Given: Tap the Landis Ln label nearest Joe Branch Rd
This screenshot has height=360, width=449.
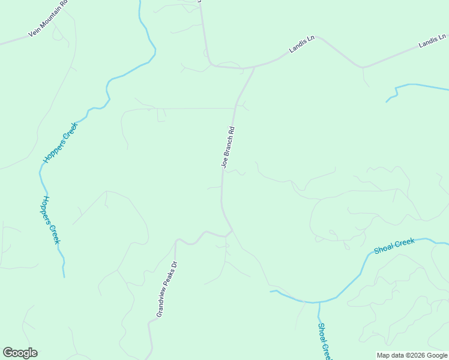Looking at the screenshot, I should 302,45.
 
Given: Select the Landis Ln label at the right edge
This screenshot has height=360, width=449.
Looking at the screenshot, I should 432,41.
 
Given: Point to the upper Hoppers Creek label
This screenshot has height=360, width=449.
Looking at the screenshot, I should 61,143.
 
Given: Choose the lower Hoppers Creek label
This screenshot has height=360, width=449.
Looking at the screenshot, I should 51,220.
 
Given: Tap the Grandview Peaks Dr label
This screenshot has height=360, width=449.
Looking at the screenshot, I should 167,289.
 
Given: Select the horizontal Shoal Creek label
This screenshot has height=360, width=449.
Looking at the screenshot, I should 394,246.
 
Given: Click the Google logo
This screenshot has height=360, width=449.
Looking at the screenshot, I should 20,353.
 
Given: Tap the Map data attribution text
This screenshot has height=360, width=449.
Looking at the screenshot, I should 412,355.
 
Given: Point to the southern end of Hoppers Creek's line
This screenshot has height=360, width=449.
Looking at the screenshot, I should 64,277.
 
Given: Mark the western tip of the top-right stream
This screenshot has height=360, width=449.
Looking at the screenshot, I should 386,102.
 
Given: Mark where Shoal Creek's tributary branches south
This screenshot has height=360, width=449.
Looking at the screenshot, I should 318,302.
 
